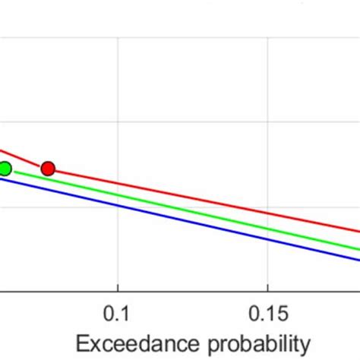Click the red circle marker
tap(48, 168)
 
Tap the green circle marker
tap(5, 169)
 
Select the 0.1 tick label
tap(118, 313)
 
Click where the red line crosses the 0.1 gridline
tap(118, 184)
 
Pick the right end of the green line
tap(358, 248)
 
